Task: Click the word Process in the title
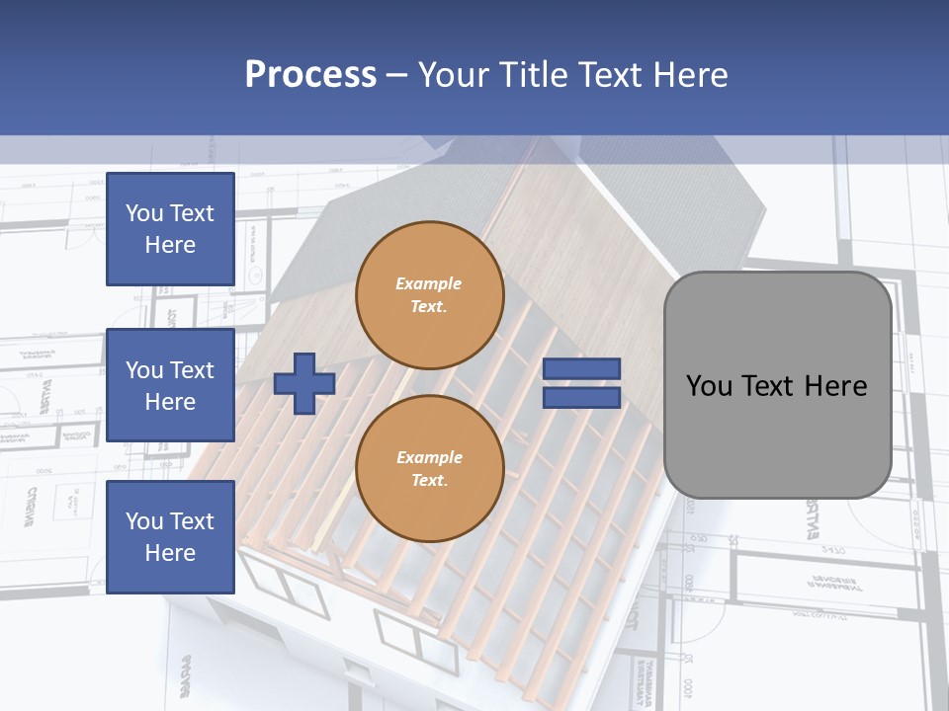click(x=310, y=75)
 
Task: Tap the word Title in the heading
click(x=534, y=75)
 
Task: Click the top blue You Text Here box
click(x=170, y=229)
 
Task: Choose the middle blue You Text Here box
click(x=170, y=385)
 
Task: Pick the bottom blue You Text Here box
click(x=170, y=537)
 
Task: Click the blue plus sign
click(x=303, y=383)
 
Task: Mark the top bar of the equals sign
click(x=581, y=369)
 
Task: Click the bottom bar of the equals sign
click(x=581, y=397)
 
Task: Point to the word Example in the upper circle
click(x=429, y=283)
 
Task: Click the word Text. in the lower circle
click(x=429, y=481)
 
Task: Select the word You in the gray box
click(x=709, y=385)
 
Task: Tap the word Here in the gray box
click(x=834, y=385)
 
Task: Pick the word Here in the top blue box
click(x=170, y=245)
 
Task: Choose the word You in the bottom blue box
click(x=144, y=521)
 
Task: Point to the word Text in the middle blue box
click(x=191, y=370)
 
